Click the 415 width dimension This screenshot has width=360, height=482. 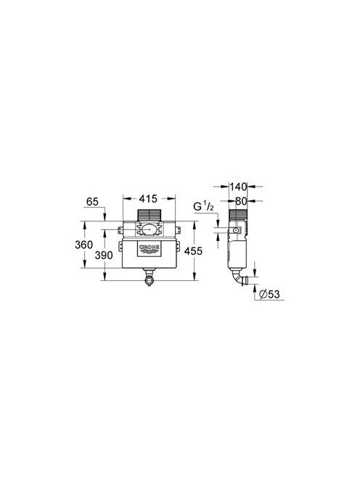pyautogui.click(x=148, y=199)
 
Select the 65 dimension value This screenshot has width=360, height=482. pyautogui.click(x=92, y=202)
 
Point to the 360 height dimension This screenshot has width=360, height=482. pyautogui.click(x=83, y=245)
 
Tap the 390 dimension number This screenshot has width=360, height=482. pyautogui.click(x=104, y=255)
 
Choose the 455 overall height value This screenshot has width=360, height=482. pyautogui.click(x=193, y=251)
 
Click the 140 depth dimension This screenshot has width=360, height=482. pyautogui.click(x=238, y=187)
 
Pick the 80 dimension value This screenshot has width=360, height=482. pyautogui.click(x=242, y=201)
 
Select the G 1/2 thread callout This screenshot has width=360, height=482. pyautogui.click(x=203, y=207)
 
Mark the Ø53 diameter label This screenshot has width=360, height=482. pyautogui.click(x=269, y=294)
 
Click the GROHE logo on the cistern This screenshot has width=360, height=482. pyautogui.click(x=150, y=249)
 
